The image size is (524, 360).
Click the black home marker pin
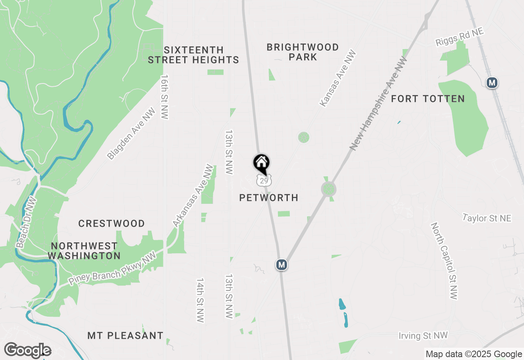261,164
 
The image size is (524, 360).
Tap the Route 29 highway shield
264,180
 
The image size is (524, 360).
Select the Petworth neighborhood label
269,198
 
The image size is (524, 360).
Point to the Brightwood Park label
303,52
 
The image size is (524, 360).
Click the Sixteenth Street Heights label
193,55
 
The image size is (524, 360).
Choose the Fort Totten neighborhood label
428,99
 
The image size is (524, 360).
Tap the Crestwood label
111,224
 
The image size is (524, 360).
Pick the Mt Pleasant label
125,336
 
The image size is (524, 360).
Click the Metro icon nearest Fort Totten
492,83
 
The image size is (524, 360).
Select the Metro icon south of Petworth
281,265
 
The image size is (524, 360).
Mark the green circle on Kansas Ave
303,137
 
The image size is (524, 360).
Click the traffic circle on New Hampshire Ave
328,189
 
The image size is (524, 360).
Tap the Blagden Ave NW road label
131,133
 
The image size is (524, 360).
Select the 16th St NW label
165,97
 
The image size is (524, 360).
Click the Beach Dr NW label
27,222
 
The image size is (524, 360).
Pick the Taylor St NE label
487,218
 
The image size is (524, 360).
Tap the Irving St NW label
423,336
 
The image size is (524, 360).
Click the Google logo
27,351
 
